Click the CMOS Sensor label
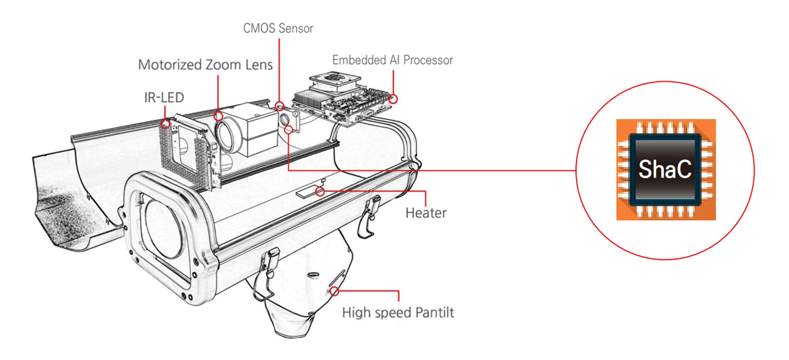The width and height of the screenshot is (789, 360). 277,28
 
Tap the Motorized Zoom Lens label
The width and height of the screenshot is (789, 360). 205,65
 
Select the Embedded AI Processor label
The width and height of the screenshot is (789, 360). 393,60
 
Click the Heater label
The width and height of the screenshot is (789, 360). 426,213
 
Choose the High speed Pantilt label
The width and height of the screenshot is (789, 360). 398,312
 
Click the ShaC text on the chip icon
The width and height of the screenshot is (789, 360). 665,170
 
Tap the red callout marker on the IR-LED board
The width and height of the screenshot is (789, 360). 165,122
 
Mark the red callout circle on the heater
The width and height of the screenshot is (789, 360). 321,192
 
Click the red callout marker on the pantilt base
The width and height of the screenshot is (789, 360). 336,290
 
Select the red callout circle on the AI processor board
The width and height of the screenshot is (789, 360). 394,99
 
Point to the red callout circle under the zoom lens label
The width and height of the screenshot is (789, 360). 219,115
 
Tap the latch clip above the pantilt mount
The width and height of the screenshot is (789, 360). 271,265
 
